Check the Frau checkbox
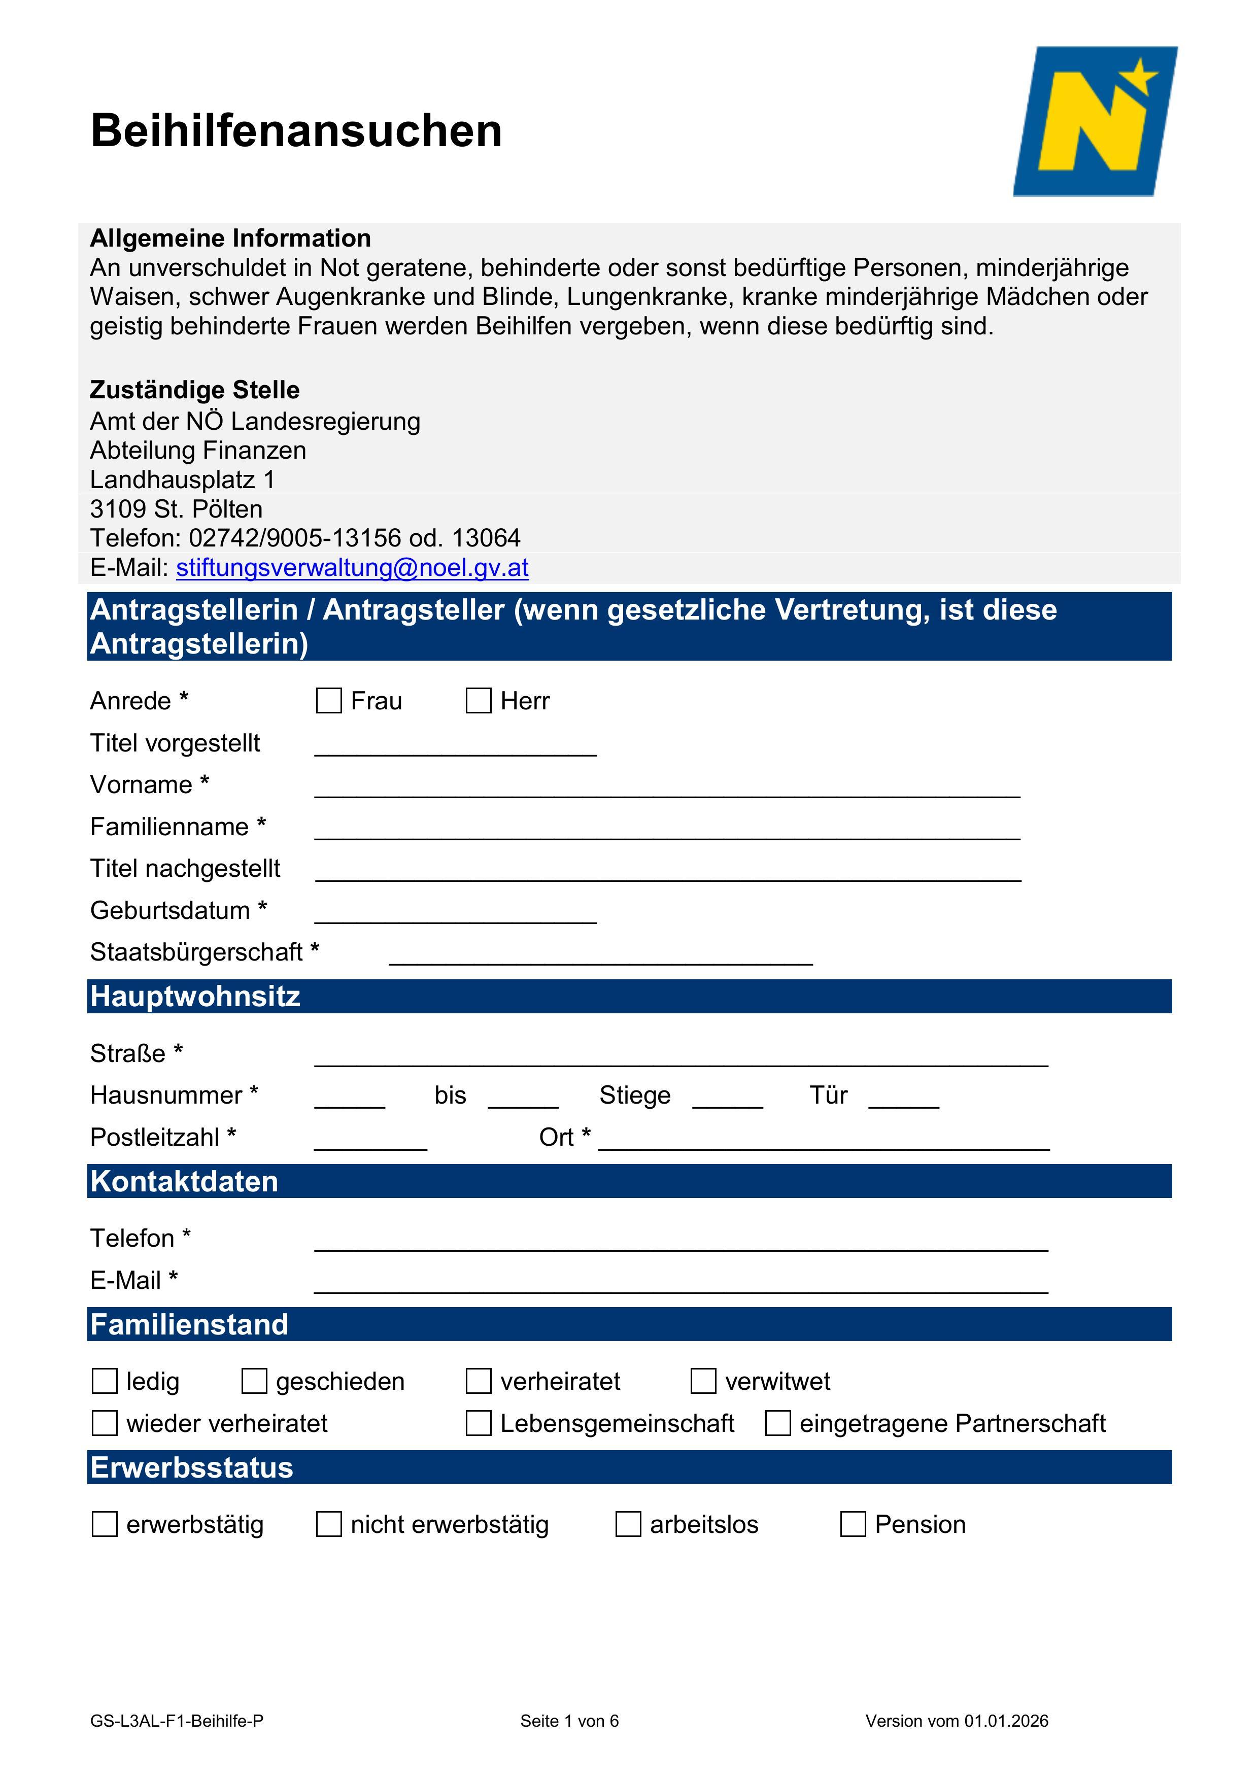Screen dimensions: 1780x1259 click(x=329, y=701)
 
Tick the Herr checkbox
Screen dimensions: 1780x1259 click(x=479, y=701)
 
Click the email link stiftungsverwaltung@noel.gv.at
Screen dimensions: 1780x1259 click(x=352, y=567)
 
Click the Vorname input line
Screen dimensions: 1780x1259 click(x=667, y=788)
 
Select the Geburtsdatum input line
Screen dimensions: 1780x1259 click(x=455, y=913)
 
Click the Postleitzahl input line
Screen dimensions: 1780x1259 click(x=370, y=1141)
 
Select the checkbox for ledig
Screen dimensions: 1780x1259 click(x=105, y=1382)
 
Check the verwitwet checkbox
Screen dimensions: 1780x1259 click(x=703, y=1382)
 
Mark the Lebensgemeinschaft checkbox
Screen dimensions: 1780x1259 click(x=479, y=1423)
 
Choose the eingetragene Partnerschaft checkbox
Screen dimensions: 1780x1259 click(x=777, y=1423)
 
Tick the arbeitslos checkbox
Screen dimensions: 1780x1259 click(x=628, y=1524)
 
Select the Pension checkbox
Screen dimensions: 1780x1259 click(x=853, y=1524)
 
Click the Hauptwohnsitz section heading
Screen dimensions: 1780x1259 click(x=195, y=996)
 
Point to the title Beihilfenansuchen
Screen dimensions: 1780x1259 click(x=296, y=130)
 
